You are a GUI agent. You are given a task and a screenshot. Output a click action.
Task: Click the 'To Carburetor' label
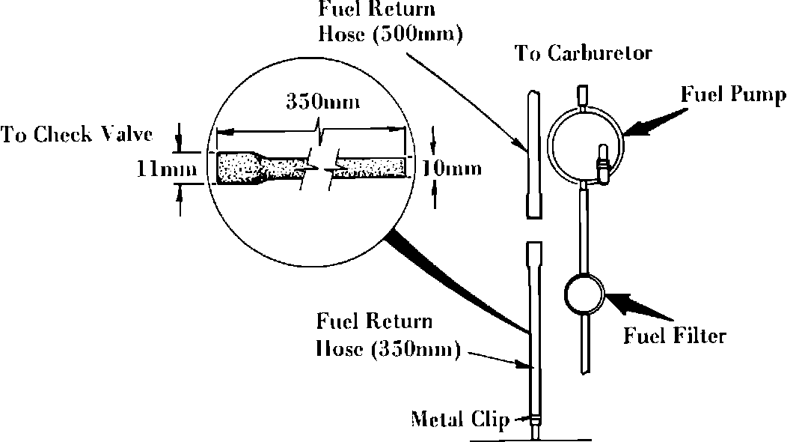click(x=584, y=54)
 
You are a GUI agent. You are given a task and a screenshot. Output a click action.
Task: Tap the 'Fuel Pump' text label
click(x=733, y=97)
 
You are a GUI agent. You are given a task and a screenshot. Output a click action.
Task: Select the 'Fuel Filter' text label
click(x=675, y=335)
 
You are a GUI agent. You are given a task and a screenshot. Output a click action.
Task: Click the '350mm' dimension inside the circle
click(x=322, y=103)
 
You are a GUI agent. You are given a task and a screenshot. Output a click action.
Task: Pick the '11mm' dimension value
click(x=167, y=169)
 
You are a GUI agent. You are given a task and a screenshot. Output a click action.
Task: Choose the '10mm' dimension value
click(x=451, y=169)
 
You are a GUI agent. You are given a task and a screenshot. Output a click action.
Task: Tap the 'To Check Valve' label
click(x=77, y=135)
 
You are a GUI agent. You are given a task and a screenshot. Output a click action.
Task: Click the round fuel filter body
click(x=584, y=295)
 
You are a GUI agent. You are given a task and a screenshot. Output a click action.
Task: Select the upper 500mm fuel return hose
click(x=533, y=154)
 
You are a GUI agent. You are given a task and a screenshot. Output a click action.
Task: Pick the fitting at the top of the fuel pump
click(x=582, y=96)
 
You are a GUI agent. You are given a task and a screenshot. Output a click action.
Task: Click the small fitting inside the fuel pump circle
click(x=600, y=160)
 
